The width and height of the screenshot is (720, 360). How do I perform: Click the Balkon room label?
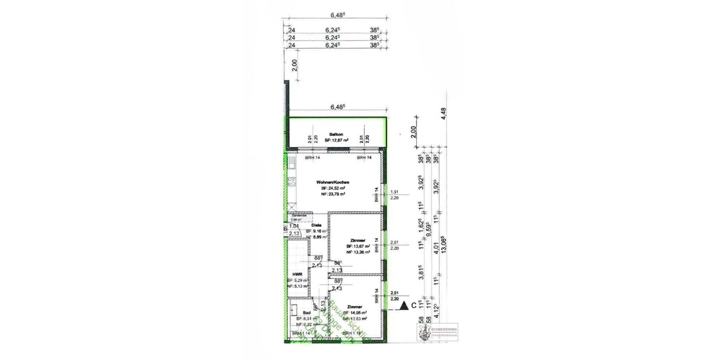(335, 134)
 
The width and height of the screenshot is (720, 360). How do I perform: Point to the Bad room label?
(306, 313)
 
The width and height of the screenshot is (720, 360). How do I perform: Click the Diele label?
(316, 225)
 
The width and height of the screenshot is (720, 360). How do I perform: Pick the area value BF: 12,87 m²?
(336, 140)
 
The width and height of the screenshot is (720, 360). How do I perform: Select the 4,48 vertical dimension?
(443, 114)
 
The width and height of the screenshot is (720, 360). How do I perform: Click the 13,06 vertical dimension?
(443, 245)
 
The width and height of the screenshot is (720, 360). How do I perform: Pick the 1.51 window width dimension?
(394, 192)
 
